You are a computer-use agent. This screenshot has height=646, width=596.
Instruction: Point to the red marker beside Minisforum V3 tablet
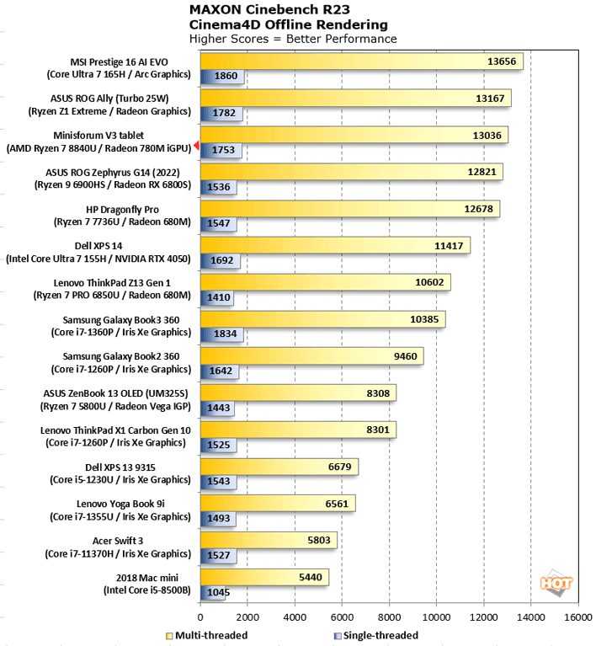(196, 147)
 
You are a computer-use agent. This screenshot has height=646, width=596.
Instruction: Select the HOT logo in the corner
(557, 582)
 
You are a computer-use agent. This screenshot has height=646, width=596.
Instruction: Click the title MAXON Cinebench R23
(266, 10)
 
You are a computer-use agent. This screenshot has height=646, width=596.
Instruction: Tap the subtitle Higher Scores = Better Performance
(293, 39)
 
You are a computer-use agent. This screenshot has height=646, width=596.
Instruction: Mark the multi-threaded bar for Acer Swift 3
(269, 540)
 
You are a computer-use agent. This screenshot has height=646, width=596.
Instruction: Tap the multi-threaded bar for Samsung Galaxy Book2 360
(311, 356)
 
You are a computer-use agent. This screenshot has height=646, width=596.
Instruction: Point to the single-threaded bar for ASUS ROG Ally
(221, 113)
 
